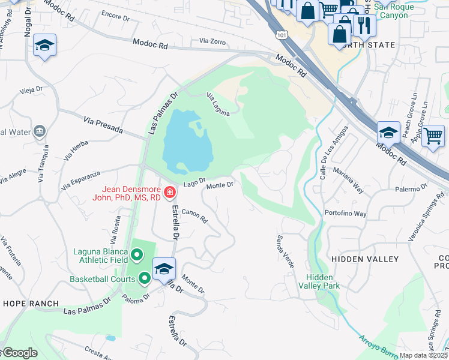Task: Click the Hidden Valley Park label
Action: pyautogui.click(x=323, y=281)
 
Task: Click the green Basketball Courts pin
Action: pyautogui.click(x=145, y=278)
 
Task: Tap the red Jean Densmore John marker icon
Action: pyautogui.click(x=170, y=193)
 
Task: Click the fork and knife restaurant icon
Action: pyautogui.click(x=364, y=25)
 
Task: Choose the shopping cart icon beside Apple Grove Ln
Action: pyautogui.click(x=433, y=136)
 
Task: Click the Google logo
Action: pyautogui.click(x=19, y=353)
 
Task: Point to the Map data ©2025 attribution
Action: pyautogui.click(x=423, y=355)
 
